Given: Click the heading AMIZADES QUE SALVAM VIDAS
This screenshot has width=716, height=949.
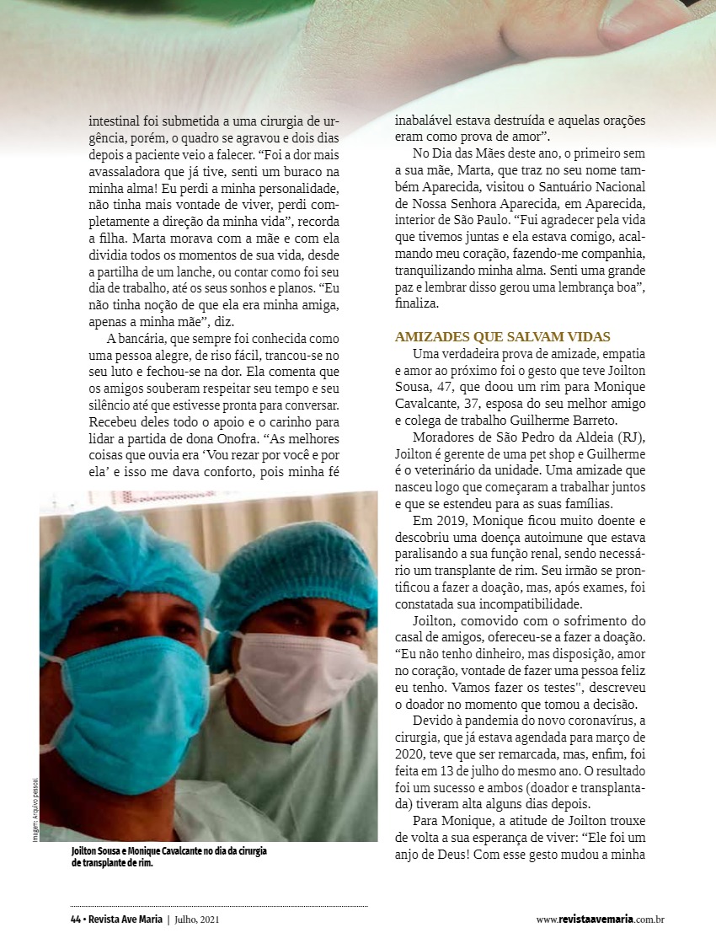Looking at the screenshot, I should pos(503,336).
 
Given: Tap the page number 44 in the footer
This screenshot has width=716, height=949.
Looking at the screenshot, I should pos(75,920).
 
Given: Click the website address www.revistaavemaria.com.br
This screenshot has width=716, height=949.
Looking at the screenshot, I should pos(600,920).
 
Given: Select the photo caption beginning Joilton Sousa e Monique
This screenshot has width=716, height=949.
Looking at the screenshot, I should pos(169,856).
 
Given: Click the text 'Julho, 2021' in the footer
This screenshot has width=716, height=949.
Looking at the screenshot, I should pos(200,920).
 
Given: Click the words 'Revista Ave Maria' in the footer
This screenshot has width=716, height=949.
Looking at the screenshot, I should pos(126,920).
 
